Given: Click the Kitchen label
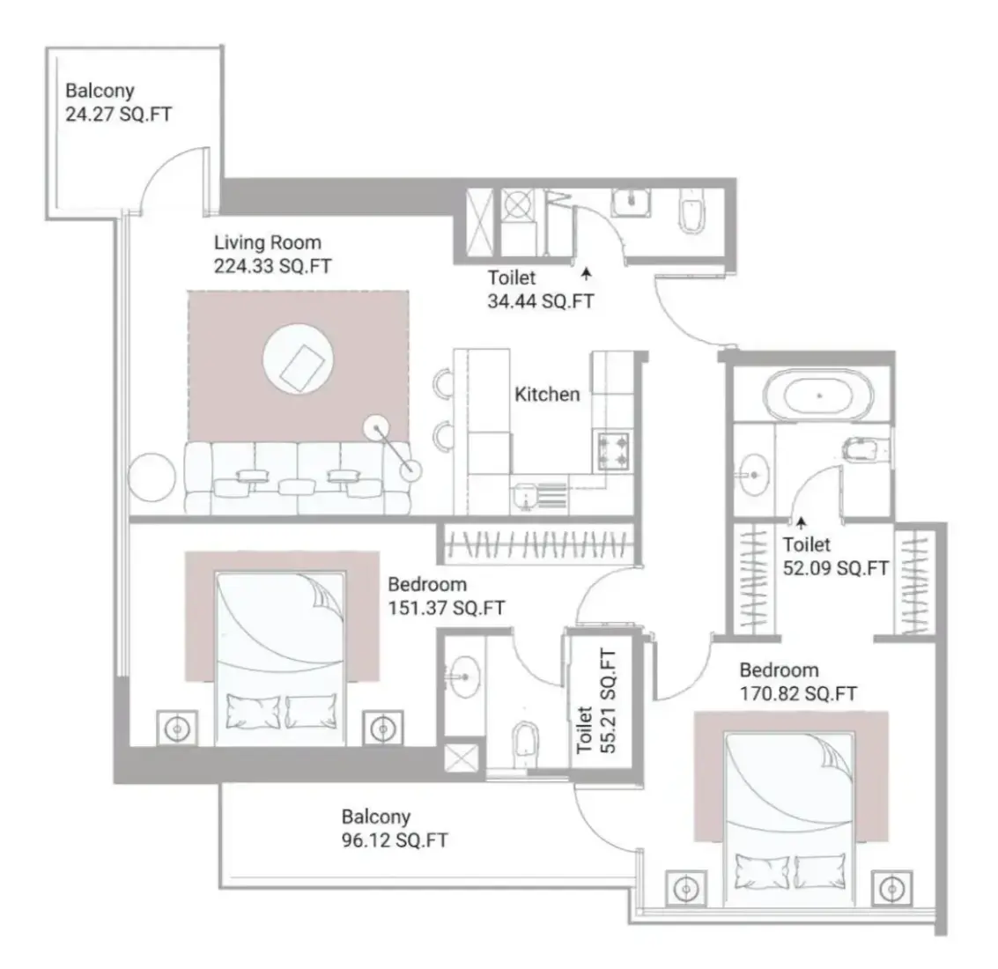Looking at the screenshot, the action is (547, 395).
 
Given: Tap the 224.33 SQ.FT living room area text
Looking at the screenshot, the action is (272, 266).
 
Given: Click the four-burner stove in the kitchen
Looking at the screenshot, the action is (613, 450).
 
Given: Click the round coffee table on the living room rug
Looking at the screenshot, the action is (298, 359).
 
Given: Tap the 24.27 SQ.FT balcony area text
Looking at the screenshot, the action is (118, 115).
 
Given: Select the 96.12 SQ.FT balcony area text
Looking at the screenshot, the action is (395, 840).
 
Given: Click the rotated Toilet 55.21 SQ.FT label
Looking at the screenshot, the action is (596, 701).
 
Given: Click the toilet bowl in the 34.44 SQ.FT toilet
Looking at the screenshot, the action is (691, 211).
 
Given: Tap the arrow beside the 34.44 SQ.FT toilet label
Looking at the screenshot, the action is (586, 274).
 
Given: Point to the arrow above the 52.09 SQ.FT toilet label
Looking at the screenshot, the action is (802, 524).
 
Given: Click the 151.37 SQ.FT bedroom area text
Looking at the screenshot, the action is (447, 608).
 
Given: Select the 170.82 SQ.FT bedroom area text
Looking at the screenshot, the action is (798, 694).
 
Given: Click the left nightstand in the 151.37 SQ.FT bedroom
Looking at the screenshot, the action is (177, 729).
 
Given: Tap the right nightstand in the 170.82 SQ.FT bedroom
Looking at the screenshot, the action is (891, 888).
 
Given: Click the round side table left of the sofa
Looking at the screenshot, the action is (152, 477).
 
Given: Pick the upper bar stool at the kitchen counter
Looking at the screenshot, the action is (443, 383).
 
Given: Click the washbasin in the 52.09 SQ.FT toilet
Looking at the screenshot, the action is (753, 474).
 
